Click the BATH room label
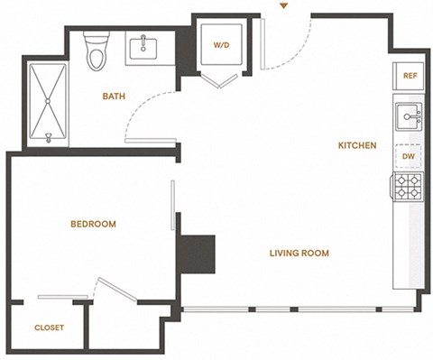(114, 97)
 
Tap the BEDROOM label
(93, 224)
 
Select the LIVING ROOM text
(299, 254)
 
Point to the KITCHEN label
(357, 145)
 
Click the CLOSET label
(49, 328)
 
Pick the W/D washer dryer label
(222, 45)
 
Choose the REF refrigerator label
(410, 76)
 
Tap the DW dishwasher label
(409, 156)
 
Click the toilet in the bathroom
(97, 51)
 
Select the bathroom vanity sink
(143, 49)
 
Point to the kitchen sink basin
(409, 116)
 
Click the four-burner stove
(407, 186)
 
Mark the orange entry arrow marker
(283, 5)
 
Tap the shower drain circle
(48, 101)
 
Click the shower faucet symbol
(48, 138)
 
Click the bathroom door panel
(151, 141)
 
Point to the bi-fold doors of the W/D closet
(220, 79)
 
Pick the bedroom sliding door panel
(172, 205)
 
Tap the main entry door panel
(263, 44)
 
